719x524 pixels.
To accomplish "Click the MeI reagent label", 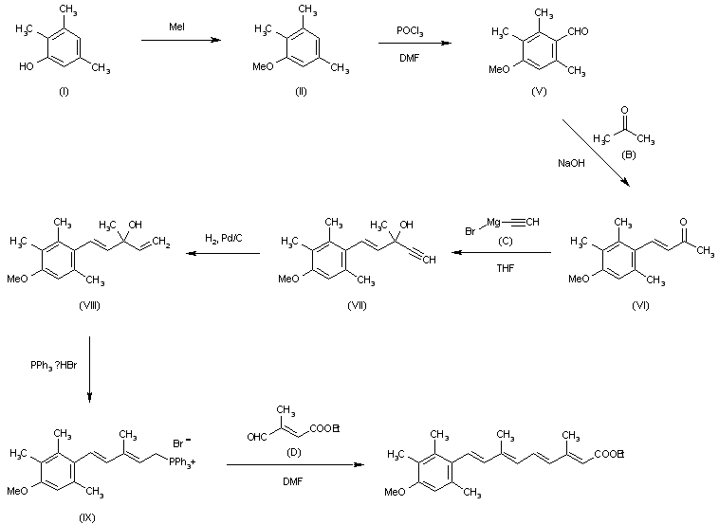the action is click(176, 27).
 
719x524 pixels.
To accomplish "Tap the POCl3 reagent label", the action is click(410, 31).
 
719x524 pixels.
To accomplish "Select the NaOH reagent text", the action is click(571, 163).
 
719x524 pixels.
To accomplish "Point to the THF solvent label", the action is click(506, 268).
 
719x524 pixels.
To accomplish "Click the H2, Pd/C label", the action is click(224, 238).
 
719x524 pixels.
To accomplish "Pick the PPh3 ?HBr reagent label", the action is click(54, 366).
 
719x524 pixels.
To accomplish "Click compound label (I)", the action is click(64, 92).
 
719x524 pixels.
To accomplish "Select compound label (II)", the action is click(301, 92).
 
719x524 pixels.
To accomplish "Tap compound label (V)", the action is click(539, 91).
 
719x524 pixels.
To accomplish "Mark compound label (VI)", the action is click(640, 305).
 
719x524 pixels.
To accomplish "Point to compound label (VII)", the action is click(357, 305).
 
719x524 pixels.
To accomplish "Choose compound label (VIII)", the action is click(89, 305).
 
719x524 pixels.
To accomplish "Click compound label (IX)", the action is click(87, 518).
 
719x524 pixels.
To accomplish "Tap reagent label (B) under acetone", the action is click(628, 154).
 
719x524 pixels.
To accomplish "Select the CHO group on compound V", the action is click(578, 31).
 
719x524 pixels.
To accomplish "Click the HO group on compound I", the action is click(27, 67).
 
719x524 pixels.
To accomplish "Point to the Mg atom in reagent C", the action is click(493, 222).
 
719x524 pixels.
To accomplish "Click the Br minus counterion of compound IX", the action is click(182, 443).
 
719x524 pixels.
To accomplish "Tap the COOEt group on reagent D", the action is click(324, 429).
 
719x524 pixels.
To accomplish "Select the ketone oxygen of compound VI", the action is click(683, 222).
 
